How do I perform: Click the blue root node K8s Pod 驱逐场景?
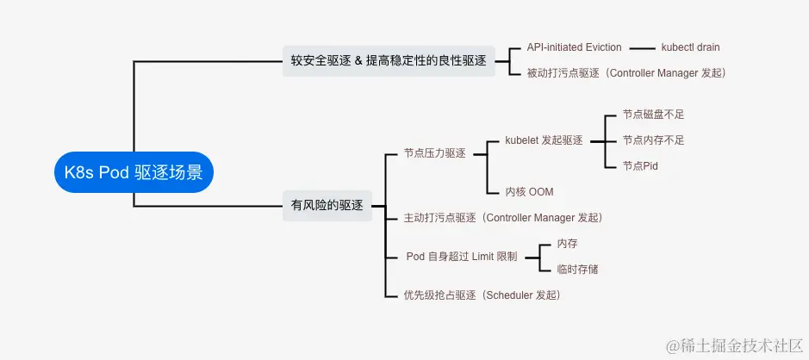point(134,172)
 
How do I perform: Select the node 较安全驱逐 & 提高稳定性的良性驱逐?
point(389,61)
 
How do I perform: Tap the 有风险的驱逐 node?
point(327,205)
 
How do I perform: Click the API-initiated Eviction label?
point(573,47)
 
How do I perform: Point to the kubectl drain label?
point(690,47)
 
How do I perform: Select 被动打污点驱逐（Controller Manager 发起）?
point(626,73)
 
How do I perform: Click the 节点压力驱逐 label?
point(434,153)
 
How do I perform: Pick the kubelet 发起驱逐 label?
point(544,140)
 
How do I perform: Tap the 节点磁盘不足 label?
point(653,115)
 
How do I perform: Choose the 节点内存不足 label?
point(653,140)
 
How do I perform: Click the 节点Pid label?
point(640,165)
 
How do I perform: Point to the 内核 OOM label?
point(529,191)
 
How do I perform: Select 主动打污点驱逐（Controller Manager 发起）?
point(503,218)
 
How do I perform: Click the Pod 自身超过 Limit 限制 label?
point(462,257)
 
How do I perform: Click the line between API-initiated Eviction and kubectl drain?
point(643,47)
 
